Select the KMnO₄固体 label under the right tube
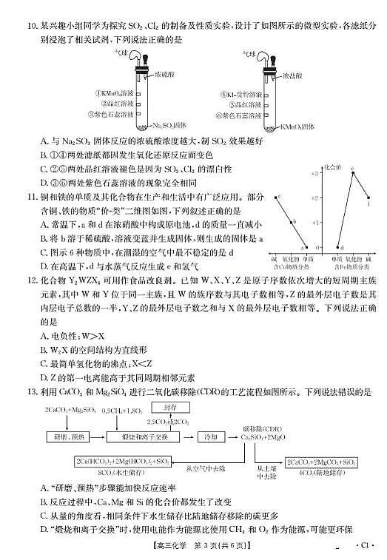coord(295,126)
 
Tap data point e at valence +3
coord(352,171)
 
